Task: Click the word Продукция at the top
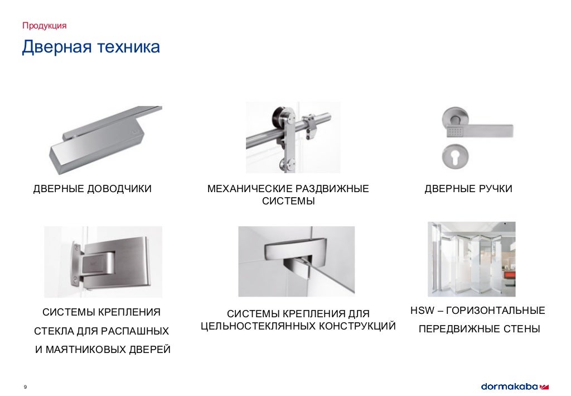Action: [x=45, y=26]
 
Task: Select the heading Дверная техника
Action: [x=91, y=47]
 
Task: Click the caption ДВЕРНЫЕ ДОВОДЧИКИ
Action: [x=92, y=189]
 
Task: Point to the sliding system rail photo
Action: [x=293, y=137]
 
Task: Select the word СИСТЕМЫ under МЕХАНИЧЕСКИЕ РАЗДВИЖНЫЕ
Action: [x=288, y=202]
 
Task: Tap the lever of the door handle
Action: [x=485, y=131]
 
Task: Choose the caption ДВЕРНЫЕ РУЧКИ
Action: [x=468, y=189]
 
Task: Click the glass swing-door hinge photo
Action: [x=103, y=261]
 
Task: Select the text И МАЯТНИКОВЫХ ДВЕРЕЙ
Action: [x=103, y=350]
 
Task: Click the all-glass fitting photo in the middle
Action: [x=296, y=261]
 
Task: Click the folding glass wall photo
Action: [x=472, y=259]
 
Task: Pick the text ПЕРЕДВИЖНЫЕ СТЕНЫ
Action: [x=479, y=329]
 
